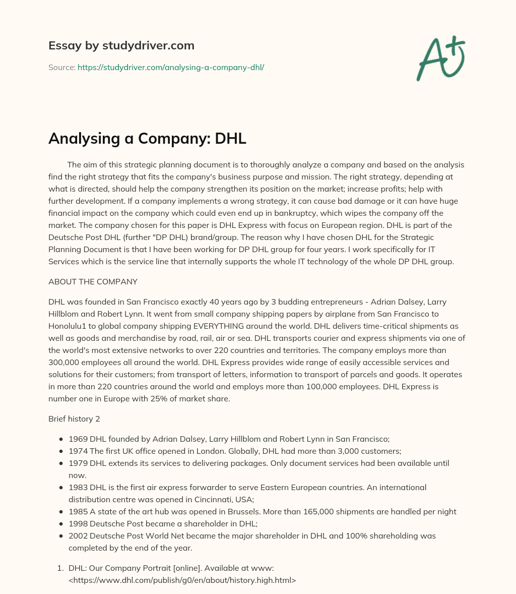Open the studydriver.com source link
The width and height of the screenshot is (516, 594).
click(171, 67)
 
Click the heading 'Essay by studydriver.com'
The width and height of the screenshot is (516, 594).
click(121, 45)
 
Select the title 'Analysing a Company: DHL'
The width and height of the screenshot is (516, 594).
click(147, 138)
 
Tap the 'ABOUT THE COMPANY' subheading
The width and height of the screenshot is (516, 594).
click(93, 281)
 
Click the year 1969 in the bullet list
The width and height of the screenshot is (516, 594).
click(78, 439)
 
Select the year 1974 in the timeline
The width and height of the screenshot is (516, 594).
click(78, 451)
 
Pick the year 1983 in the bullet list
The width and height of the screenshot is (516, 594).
click(78, 488)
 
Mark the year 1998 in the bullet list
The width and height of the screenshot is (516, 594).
click(78, 524)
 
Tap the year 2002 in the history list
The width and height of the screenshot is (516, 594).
click(78, 536)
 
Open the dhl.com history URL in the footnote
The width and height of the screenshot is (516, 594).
click(182, 580)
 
